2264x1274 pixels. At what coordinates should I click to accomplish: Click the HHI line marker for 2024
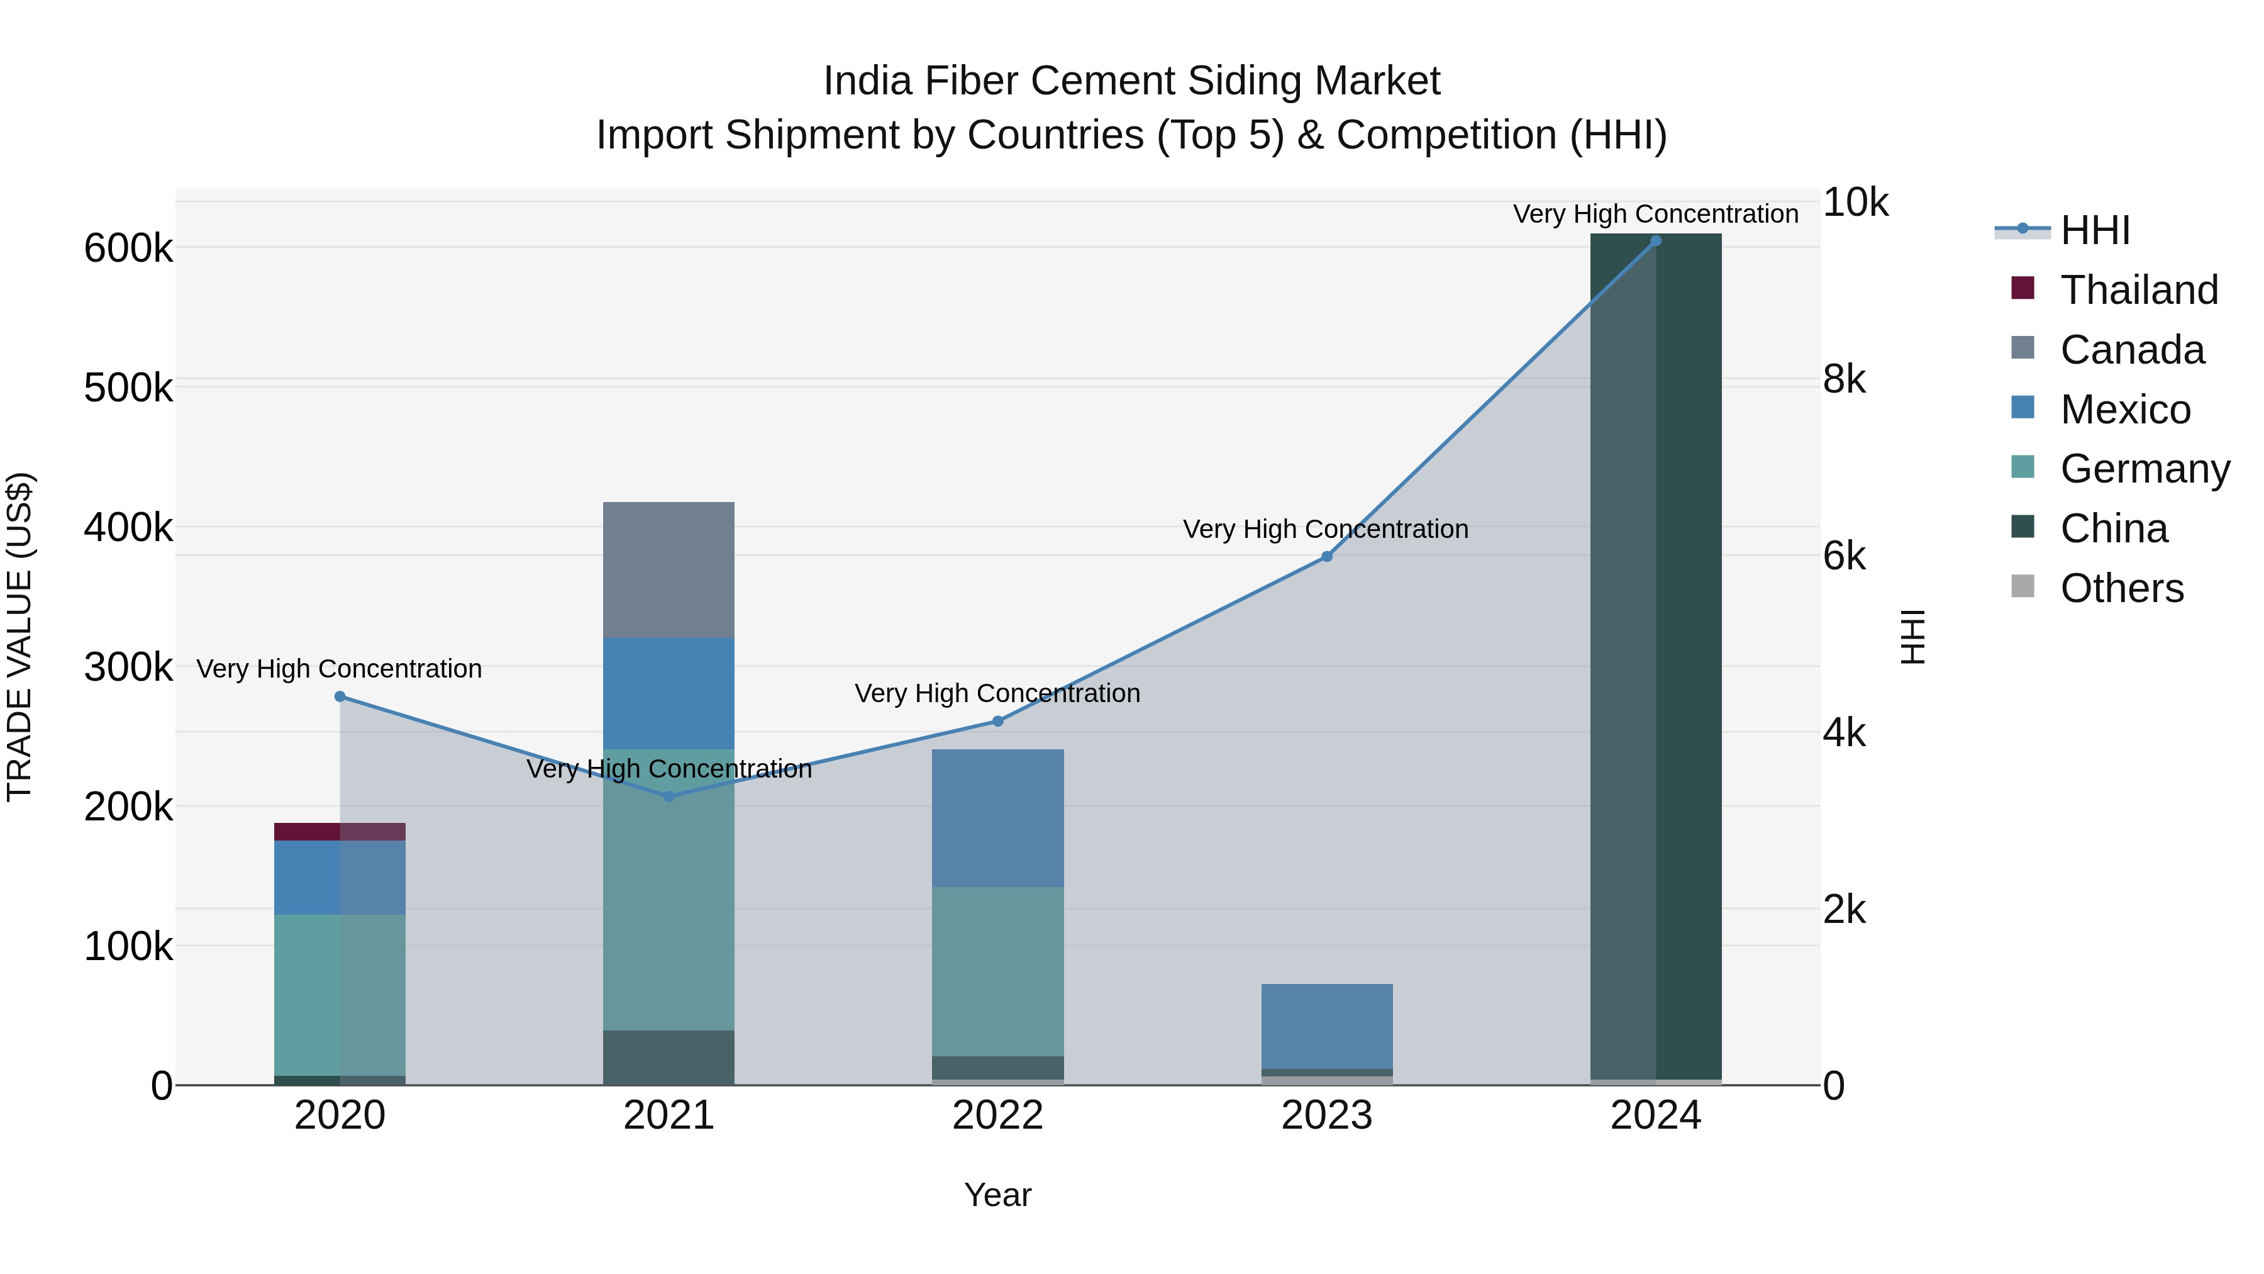pos(1655,240)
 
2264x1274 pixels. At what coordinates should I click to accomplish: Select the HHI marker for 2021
pos(669,796)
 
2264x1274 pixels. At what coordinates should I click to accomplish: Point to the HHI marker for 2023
pos(1326,557)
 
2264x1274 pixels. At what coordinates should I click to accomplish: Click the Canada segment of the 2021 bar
pos(669,570)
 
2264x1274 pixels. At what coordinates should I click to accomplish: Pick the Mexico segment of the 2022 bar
pos(997,818)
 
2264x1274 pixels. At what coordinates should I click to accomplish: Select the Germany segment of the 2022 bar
pos(997,971)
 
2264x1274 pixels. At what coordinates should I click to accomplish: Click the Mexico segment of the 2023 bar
pos(1326,1025)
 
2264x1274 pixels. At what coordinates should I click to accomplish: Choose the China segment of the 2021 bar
pos(669,1057)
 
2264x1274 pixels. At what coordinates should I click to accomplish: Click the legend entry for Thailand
pos(2138,290)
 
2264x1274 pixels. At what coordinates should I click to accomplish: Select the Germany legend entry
pos(2145,469)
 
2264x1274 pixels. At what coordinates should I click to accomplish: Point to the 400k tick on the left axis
pos(128,528)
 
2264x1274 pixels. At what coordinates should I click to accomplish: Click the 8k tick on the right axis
pos(1844,380)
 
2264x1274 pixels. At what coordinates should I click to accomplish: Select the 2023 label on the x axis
pos(1326,1115)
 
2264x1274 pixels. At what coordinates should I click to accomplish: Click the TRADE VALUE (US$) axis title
pos(19,637)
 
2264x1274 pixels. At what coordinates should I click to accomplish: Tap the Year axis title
pos(997,1195)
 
